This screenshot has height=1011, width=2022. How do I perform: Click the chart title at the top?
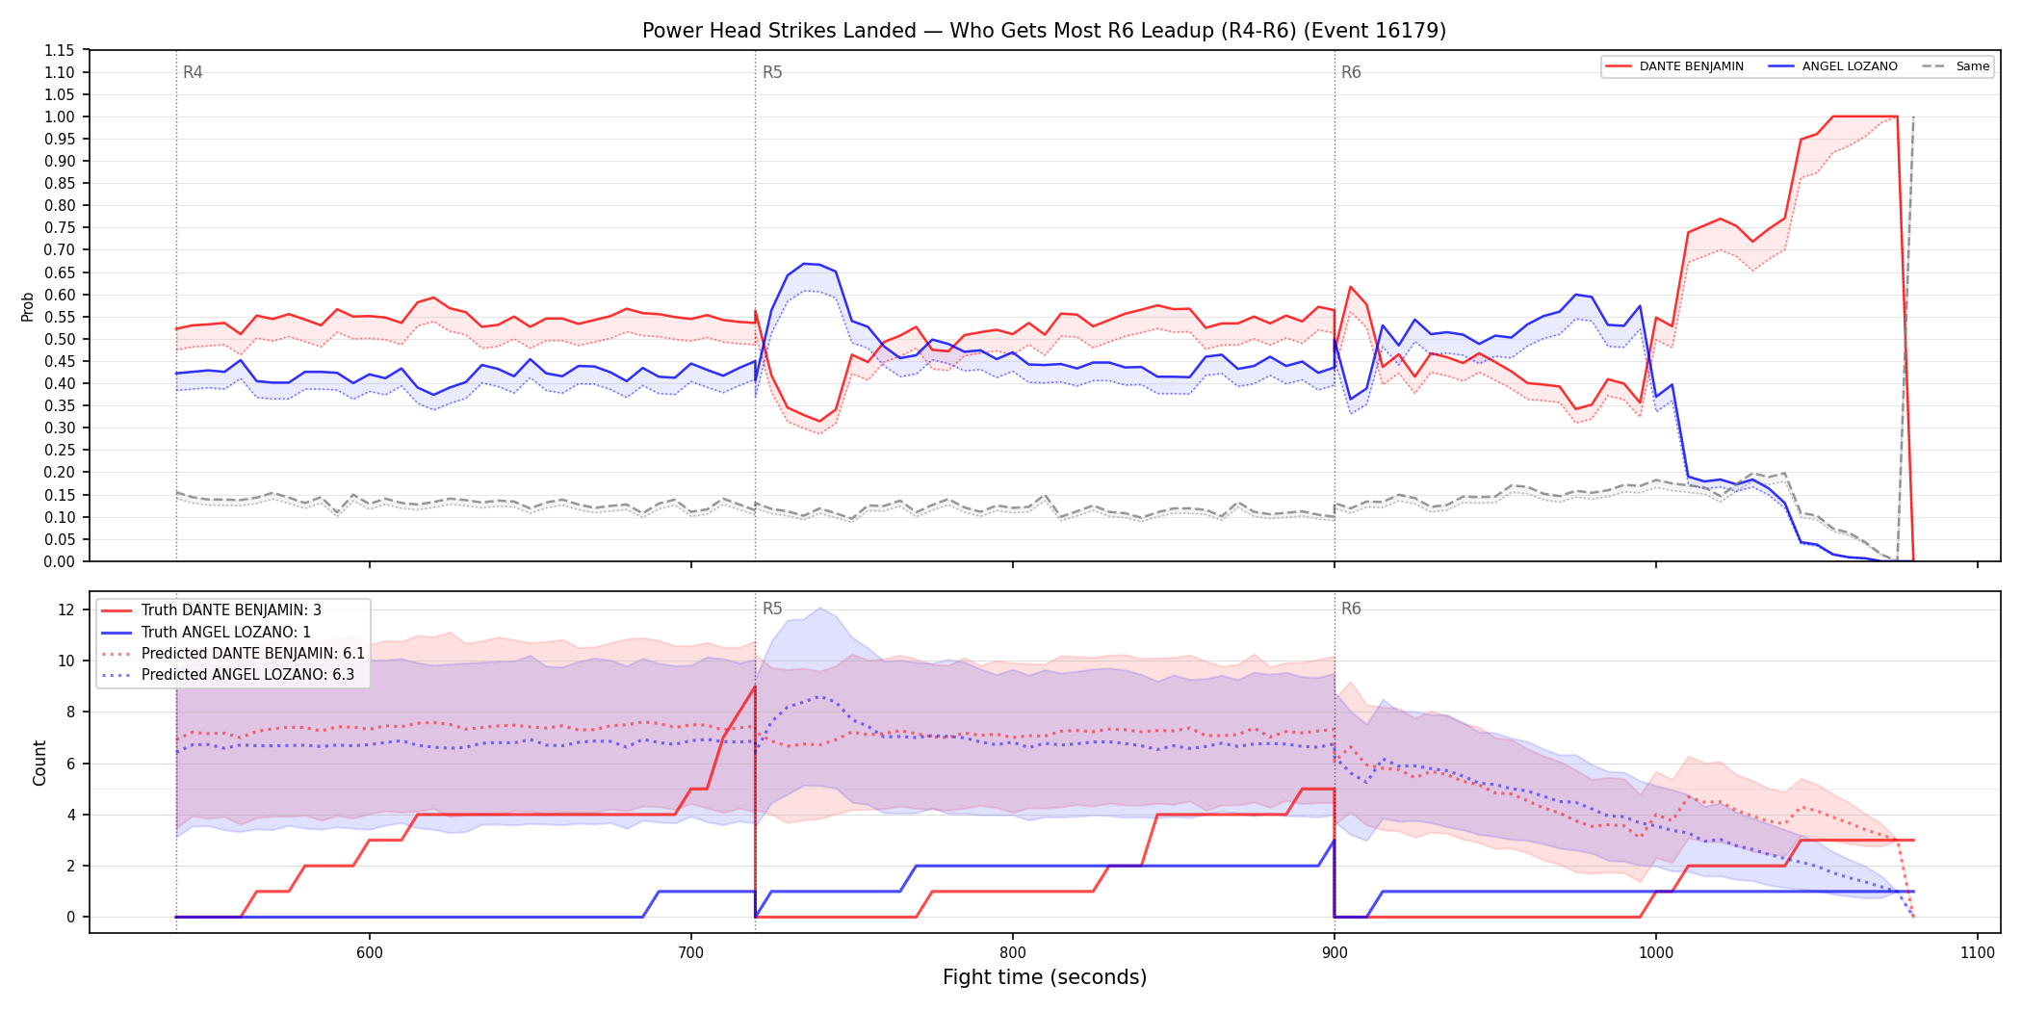(x=1044, y=31)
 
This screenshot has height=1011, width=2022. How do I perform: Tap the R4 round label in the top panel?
(x=193, y=72)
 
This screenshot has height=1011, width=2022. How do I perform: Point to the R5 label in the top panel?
(x=772, y=72)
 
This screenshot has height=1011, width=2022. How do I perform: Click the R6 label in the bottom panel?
(x=1351, y=609)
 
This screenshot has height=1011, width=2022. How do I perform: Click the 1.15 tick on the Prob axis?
(x=60, y=50)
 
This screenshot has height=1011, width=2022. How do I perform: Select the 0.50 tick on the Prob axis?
(x=60, y=339)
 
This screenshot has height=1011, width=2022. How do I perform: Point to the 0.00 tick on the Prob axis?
(x=60, y=561)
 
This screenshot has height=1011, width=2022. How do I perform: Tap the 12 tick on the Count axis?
(x=66, y=609)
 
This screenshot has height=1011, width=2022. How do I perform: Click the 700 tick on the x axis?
(x=691, y=952)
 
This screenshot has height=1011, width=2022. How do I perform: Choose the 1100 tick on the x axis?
(x=1978, y=952)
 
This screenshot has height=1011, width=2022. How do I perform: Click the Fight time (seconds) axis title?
(x=1045, y=977)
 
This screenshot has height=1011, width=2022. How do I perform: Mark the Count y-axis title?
(x=39, y=763)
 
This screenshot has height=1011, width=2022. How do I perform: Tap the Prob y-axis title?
(x=28, y=306)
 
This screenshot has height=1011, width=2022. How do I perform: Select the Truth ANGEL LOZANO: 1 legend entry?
(x=226, y=632)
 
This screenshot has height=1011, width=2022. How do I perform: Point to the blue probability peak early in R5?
(x=804, y=263)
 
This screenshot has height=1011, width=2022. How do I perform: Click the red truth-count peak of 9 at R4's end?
(x=755, y=687)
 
